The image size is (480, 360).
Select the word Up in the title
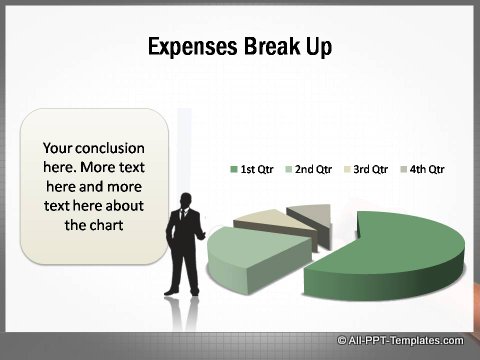pos(319,46)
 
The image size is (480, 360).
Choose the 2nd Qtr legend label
pos(313,169)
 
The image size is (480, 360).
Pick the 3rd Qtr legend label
pos(370,169)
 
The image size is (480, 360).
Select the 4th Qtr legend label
pos(427,169)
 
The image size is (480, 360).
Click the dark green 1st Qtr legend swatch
pos(234,169)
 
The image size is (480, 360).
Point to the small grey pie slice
pos(310,214)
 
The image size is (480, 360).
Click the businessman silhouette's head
pos(184,199)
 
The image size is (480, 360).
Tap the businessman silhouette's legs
pos(184,275)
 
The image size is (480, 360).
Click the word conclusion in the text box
pos(113,148)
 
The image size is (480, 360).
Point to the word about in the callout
pos(122,205)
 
